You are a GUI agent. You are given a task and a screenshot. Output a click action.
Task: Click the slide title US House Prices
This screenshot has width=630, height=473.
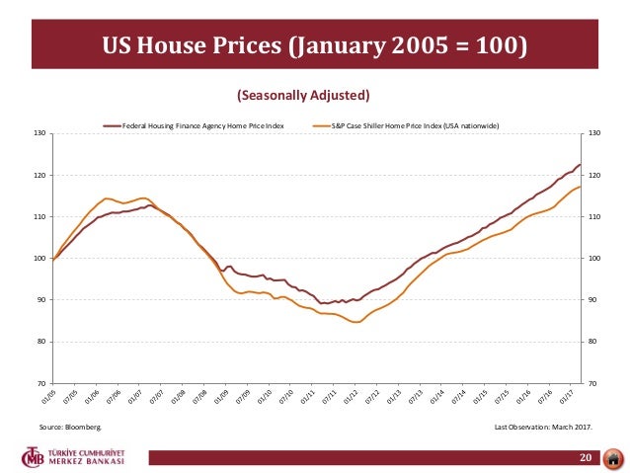[315, 46]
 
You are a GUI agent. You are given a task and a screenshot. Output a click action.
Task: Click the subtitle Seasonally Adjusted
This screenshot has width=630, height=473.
[303, 96]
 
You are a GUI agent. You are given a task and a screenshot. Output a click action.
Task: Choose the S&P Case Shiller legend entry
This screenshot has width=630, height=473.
[408, 125]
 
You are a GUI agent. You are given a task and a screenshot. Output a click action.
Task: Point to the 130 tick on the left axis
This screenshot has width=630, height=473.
[40, 133]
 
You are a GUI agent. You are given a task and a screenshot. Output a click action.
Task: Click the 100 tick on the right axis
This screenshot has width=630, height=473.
[594, 258]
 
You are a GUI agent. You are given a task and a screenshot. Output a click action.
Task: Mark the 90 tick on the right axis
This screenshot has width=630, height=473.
[593, 299]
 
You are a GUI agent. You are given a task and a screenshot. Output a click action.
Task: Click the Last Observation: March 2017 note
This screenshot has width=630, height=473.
[548, 427]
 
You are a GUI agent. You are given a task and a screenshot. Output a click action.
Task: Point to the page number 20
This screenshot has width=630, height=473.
[586, 459]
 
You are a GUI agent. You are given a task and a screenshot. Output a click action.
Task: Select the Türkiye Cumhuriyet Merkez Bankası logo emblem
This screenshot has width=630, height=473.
[36, 458]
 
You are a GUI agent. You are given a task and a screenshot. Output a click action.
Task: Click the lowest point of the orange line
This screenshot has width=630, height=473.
[355, 322]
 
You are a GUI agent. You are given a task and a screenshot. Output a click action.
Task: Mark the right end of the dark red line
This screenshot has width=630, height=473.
[580, 165]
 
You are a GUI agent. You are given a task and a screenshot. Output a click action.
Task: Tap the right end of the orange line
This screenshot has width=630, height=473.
[580, 187]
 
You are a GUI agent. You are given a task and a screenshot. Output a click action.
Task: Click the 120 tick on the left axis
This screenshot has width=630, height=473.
[40, 175]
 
